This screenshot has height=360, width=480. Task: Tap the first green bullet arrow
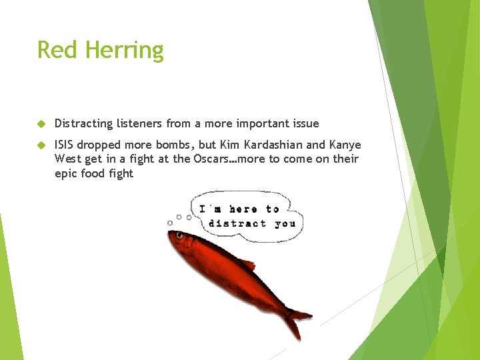point(41,124)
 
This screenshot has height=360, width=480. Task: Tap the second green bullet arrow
point(41,145)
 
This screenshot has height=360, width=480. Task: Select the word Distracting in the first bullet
point(84,123)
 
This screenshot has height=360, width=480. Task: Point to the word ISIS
point(65,145)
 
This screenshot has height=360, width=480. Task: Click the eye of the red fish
point(179,235)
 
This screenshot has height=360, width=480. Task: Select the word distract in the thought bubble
point(237,224)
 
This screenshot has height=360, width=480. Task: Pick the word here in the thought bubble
point(243,209)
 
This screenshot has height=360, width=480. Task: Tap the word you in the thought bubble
point(285,224)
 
